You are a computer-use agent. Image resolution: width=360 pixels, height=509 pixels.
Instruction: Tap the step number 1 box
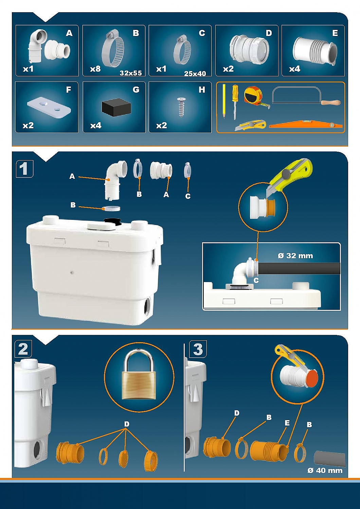tap(24, 169)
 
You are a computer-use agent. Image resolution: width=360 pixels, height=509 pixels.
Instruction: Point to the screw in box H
tap(181, 107)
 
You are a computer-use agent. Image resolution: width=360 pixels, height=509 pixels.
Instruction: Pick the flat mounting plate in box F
tap(49, 108)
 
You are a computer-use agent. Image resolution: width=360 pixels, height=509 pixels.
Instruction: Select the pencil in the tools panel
tap(224, 101)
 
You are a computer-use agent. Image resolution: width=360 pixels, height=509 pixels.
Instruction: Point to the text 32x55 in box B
tap(131, 73)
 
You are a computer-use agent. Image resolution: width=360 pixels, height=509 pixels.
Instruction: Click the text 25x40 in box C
tap(195, 74)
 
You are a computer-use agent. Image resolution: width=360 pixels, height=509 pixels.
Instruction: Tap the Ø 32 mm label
tap(295, 256)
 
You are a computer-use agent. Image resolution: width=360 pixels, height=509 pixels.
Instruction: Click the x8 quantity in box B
tap(95, 69)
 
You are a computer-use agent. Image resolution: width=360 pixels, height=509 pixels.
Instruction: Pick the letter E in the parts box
tap(335, 33)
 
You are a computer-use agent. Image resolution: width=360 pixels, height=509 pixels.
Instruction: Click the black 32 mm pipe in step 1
tap(299, 269)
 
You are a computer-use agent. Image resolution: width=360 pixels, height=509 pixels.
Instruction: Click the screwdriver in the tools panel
tap(235, 102)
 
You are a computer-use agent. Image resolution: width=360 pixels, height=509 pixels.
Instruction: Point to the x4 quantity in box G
tap(96, 126)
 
